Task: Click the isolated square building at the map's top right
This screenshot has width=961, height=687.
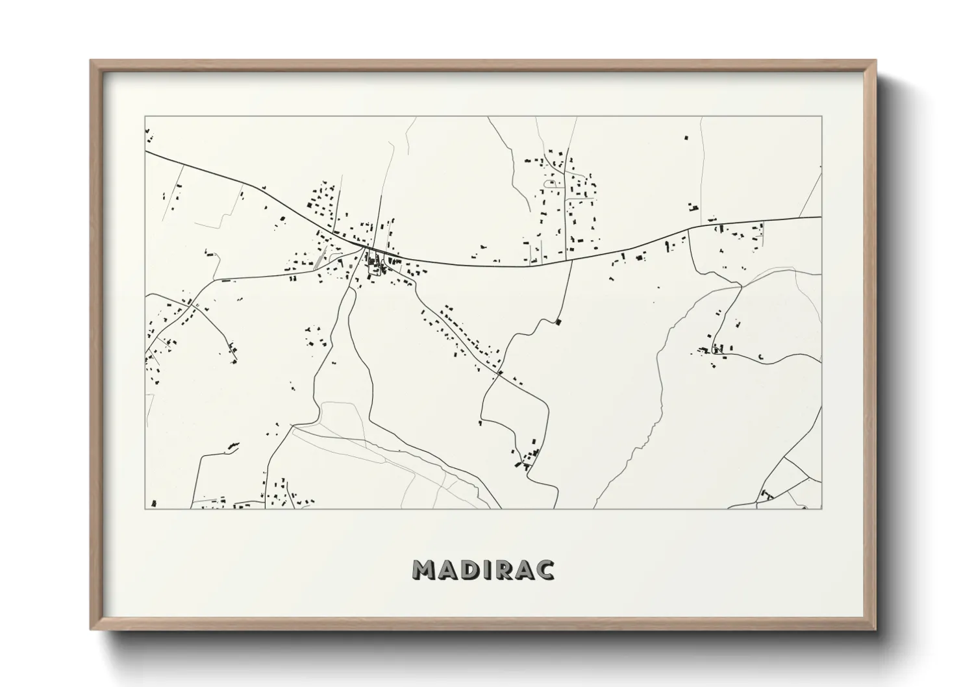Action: pos(686,138)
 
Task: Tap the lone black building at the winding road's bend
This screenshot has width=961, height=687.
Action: pos(558,321)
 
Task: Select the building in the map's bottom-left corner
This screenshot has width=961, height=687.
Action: pos(153,503)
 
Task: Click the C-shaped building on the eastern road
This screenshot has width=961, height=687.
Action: pos(760,356)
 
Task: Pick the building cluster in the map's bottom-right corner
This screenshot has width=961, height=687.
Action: pos(766,495)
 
